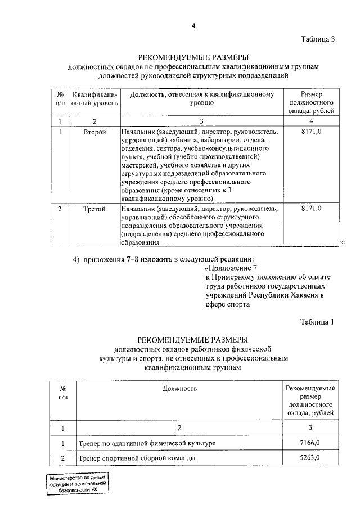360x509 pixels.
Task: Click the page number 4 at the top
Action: [x=193, y=25]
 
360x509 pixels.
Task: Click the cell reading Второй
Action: [x=94, y=132]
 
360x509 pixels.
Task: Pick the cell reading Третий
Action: [x=94, y=209]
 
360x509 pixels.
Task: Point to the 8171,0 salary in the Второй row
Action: [x=311, y=132]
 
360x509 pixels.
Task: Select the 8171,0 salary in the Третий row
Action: [x=311, y=209]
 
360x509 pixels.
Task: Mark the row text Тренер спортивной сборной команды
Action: [x=137, y=458]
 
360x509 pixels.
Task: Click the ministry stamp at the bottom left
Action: [x=76, y=483]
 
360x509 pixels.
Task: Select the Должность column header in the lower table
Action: [x=179, y=389]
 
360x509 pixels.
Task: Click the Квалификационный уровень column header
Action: [x=94, y=99]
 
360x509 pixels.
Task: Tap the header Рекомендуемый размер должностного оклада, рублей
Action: [x=310, y=400]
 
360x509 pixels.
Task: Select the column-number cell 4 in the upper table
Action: [x=311, y=121]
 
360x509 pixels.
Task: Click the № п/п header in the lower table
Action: [x=63, y=393]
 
